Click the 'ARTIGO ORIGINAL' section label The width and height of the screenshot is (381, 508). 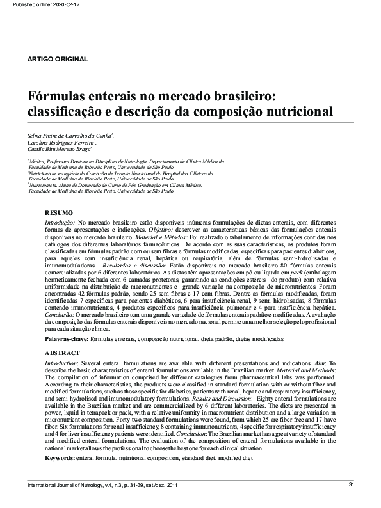(x=58, y=60)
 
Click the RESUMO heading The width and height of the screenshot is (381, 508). (x=59, y=212)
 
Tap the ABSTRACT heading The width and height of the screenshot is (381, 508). (x=62, y=353)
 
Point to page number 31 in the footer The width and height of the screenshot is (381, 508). (x=351, y=484)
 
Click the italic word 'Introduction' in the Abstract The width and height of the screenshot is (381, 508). (x=61, y=362)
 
